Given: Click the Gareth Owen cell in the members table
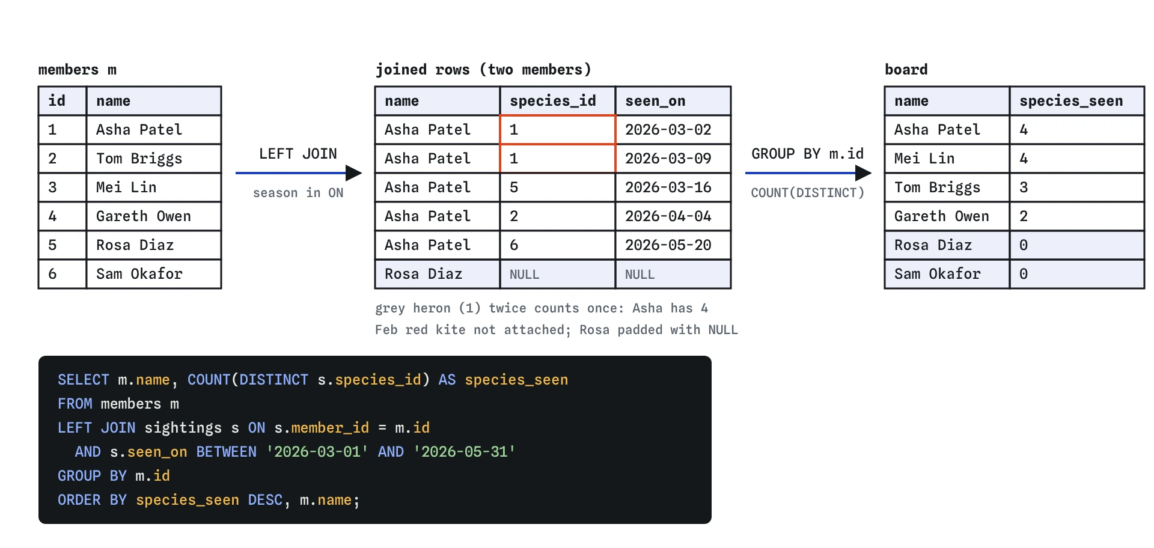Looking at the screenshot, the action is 144,216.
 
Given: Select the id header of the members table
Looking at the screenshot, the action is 57,101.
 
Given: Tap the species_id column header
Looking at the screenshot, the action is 553,101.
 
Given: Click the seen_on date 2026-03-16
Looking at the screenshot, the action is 668,187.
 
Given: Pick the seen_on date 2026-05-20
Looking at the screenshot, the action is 668,245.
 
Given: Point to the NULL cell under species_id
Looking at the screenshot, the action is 525,275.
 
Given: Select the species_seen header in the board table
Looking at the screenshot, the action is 1071,101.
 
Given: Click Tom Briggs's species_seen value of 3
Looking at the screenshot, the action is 1024,187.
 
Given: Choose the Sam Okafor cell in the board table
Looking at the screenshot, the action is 938,274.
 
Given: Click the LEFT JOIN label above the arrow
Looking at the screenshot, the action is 298,154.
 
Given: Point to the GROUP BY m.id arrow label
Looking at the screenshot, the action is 808,154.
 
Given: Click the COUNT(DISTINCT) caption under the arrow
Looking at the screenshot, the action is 808,193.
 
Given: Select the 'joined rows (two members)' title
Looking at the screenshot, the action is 484,70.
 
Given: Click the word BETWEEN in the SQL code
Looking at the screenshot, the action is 227,452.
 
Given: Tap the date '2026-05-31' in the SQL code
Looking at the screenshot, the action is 464,452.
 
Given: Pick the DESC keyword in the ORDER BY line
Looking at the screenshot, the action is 265,500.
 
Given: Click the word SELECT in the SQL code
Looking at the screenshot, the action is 84,380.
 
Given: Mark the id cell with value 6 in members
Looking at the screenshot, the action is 52,274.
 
